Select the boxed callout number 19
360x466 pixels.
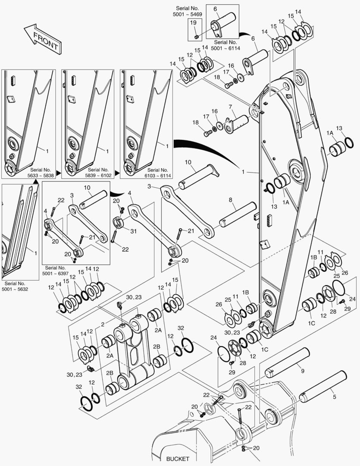click(193, 23)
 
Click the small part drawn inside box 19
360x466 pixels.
click(196, 36)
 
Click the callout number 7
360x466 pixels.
click(231, 107)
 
